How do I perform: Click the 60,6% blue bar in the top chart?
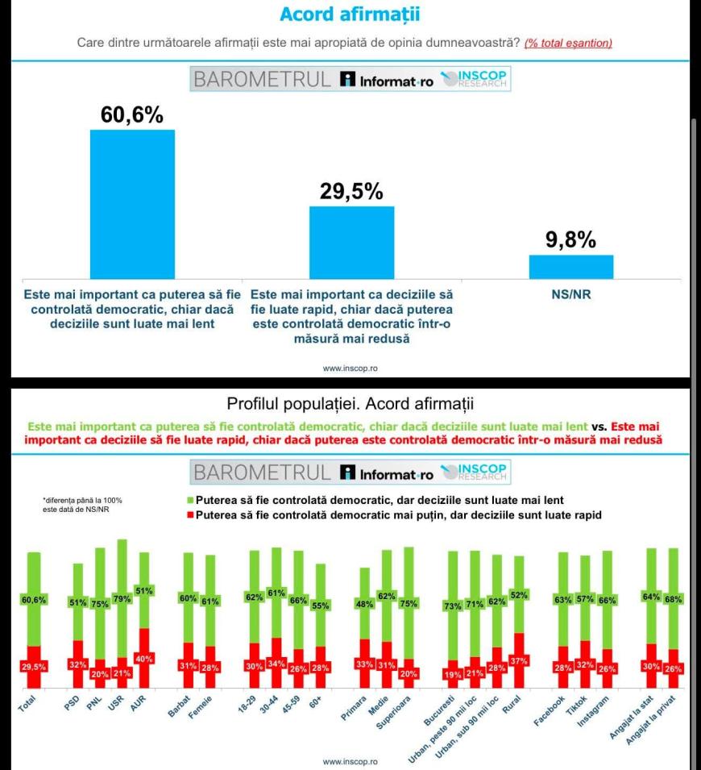pyautogui.click(x=132, y=204)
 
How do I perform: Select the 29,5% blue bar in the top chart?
pyautogui.click(x=351, y=243)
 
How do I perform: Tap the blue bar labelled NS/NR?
pyautogui.click(x=571, y=267)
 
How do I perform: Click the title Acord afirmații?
pyautogui.click(x=350, y=15)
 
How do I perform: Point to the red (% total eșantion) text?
pyautogui.click(x=568, y=44)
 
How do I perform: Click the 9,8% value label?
pyautogui.click(x=571, y=239)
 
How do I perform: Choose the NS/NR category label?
pyautogui.click(x=571, y=294)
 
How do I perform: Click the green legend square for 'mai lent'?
pyautogui.click(x=190, y=501)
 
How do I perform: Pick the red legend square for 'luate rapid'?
pyautogui.click(x=190, y=515)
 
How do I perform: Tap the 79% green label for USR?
pyautogui.click(x=122, y=599)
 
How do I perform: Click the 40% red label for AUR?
pyautogui.click(x=144, y=659)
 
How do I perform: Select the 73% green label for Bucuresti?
pyautogui.click(x=453, y=606)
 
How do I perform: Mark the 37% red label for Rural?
pyautogui.click(x=519, y=661)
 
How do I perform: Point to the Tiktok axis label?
pyautogui.click(x=576, y=706)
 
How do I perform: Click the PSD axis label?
pyautogui.click(x=72, y=703)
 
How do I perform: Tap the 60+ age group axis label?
pyautogui.click(x=315, y=702)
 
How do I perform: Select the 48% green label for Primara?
pyautogui.click(x=364, y=604)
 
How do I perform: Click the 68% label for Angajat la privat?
pyautogui.click(x=673, y=600)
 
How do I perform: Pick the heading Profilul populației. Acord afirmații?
pyautogui.click(x=350, y=404)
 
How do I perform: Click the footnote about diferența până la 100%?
pyautogui.click(x=82, y=505)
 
